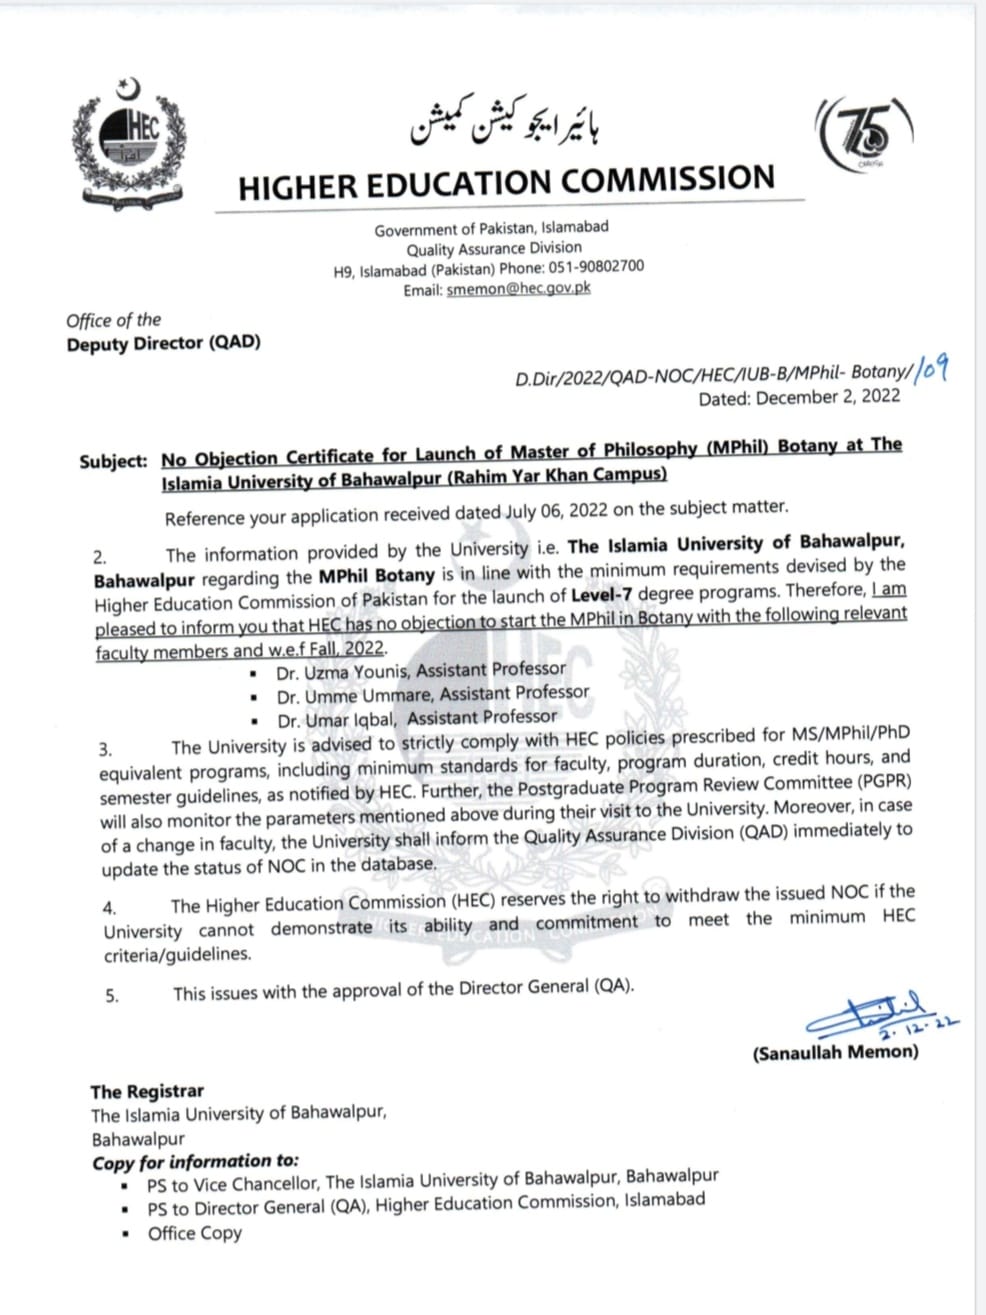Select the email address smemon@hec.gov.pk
click(518, 288)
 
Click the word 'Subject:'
click(113, 462)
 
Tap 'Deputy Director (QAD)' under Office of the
click(163, 343)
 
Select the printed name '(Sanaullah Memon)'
click(835, 1052)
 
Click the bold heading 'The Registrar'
click(146, 1092)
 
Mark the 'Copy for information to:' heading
click(195, 1162)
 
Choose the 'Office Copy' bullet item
click(195, 1233)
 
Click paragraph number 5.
click(112, 996)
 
